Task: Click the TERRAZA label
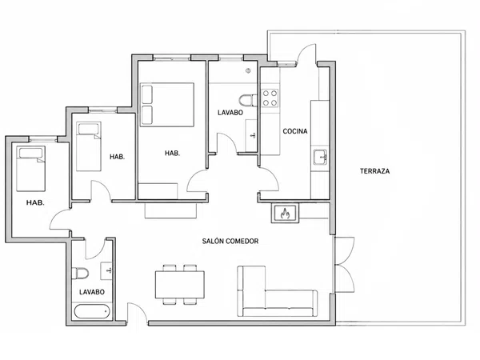click(374, 171)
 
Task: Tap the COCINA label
click(294, 131)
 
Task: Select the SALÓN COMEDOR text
click(230, 242)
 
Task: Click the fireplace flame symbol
click(285, 213)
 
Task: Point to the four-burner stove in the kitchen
click(270, 98)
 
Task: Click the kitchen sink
click(320, 158)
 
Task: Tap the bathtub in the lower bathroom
click(92, 312)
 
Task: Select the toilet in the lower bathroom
click(80, 274)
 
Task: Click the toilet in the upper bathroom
click(248, 101)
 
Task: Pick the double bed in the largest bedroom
click(167, 105)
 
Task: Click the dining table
click(180, 284)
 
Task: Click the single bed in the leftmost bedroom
click(31, 169)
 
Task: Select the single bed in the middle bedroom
click(89, 146)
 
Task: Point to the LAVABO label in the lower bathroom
click(92, 292)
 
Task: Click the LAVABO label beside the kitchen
click(230, 113)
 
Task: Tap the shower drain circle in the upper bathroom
click(248, 71)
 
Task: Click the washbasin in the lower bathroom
click(107, 270)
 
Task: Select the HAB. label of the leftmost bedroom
click(35, 202)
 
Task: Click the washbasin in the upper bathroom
click(251, 136)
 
